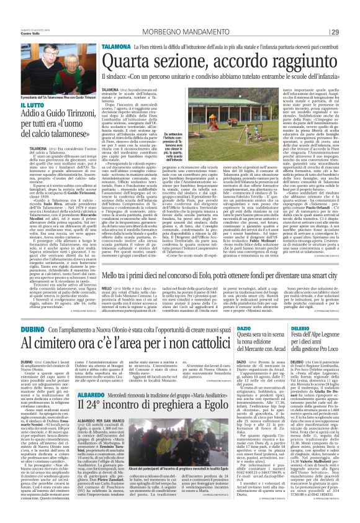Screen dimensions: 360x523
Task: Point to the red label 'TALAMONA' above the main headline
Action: click(x=116, y=46)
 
